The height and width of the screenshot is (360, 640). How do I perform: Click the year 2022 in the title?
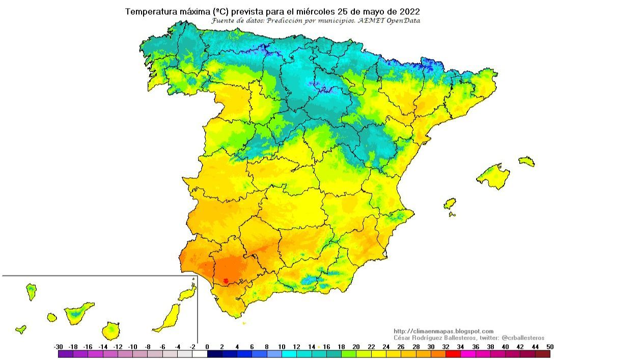tap(410, 11)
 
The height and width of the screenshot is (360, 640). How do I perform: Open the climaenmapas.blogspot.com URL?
tap(443, 331)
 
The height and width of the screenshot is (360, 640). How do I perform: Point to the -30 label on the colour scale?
tap(58, 347)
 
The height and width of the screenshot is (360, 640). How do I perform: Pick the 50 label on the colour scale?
tap(549, 347)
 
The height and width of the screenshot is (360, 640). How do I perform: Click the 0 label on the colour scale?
tap(207, 347)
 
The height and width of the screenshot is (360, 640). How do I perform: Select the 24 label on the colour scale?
tap(386, 347)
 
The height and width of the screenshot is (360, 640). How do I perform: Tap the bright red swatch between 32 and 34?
tap(453, 354)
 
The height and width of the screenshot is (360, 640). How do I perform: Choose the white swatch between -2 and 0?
tap(200, 354)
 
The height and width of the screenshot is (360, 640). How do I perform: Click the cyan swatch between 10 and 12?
tap(289, 354)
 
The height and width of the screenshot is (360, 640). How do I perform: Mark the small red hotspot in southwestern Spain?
tap(226, 280)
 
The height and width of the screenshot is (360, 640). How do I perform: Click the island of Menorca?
tap(527, 161)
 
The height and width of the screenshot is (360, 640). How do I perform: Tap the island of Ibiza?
tap(450, 204)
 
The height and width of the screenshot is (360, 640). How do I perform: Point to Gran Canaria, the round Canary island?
tap(110, 331)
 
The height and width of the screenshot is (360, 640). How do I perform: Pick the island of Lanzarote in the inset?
tap(187, 293)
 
